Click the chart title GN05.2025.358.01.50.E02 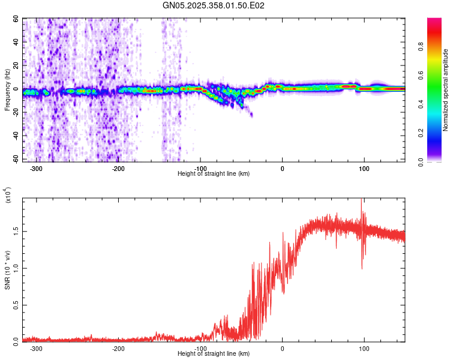pos(214,5)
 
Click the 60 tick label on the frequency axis pos(17,19)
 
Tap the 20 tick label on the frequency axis pos(17,66)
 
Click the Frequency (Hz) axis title pos(7,90)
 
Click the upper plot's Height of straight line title pos(214,173)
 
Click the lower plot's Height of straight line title pos(214,353)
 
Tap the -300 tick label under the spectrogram pos(36,168)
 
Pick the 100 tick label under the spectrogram pos(364,168)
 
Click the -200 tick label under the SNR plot pos(118,347)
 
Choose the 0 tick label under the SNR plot pos(282,347)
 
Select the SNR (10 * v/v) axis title pos(7,270)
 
